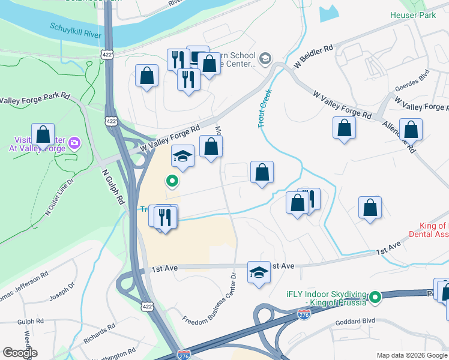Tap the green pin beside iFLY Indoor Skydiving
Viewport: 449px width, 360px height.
[376, 296]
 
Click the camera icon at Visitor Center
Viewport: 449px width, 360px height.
[74, 143]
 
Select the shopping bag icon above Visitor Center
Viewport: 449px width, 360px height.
[43, 134]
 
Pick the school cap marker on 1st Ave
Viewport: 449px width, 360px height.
[259, 272]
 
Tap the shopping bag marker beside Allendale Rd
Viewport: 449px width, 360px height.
[411, 130]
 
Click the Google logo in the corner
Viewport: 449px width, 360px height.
[19, 352]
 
